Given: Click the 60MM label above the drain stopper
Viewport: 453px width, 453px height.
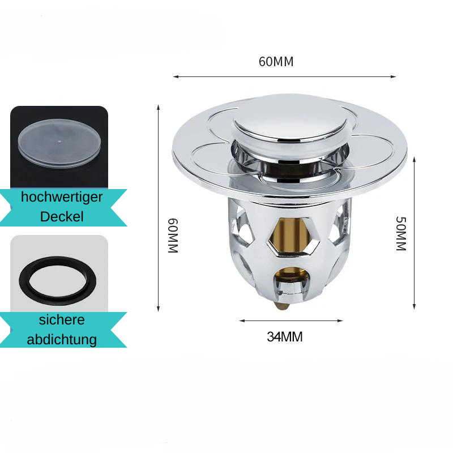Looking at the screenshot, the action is (x=276, y=62).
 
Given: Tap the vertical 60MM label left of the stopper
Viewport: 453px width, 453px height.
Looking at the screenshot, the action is (x=173, y=236).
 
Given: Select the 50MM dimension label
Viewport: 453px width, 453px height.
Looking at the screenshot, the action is (x=401, y=233).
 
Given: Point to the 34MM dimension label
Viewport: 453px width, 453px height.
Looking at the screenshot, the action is (x=285, y=337).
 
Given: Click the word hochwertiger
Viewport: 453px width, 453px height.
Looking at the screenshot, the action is (x=62, y=197).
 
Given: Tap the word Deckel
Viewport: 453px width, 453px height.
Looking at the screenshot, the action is (x=62, y=217).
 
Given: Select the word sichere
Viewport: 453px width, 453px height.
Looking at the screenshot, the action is (x=62, y=320).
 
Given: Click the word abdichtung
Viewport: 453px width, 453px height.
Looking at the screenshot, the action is (x=62, y=339).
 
